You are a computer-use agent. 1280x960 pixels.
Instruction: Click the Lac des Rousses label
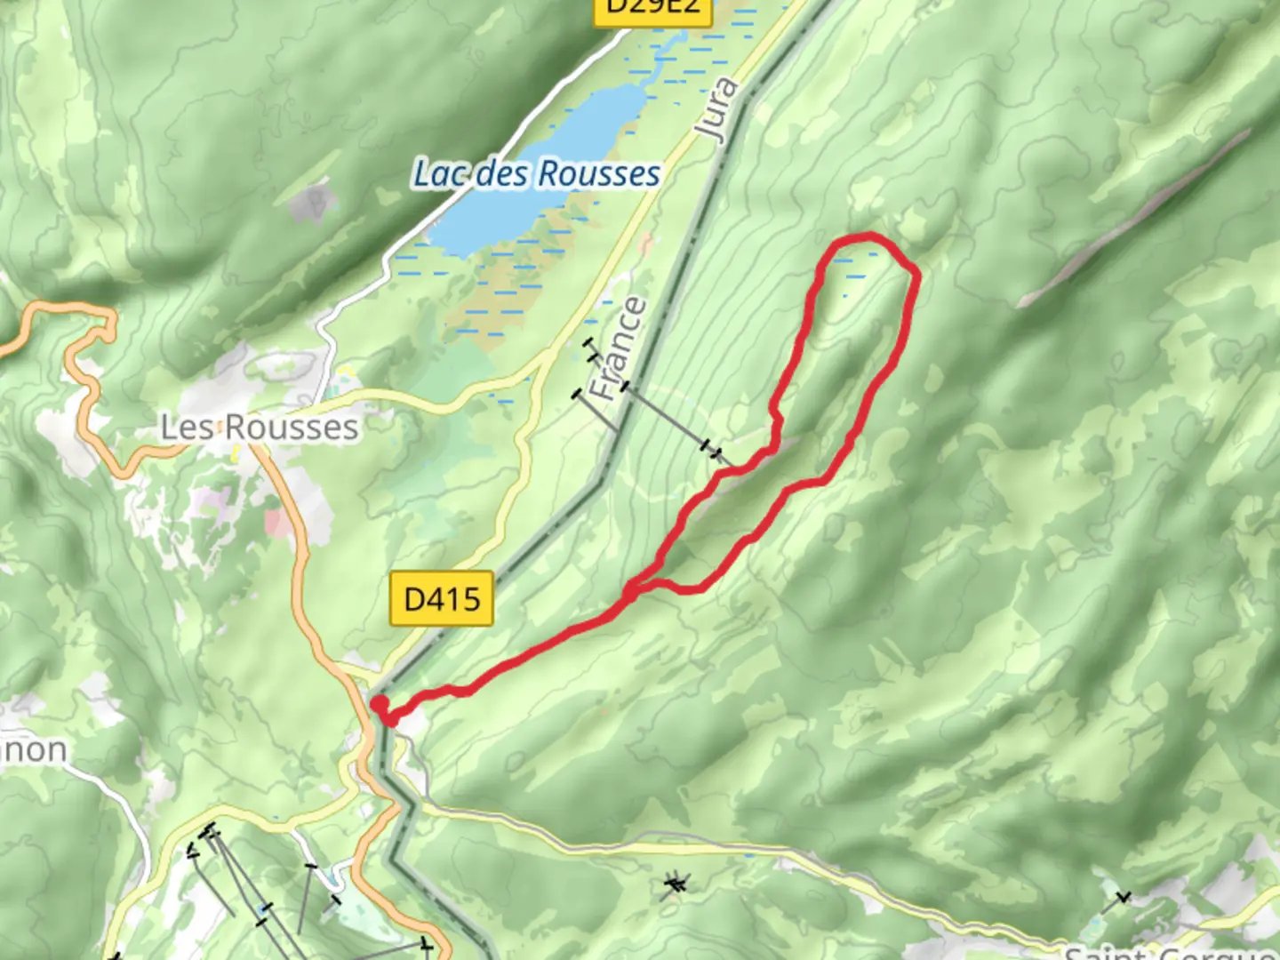[x=537, y=173]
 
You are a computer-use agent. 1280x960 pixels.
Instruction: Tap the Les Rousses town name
[x=260, y=428]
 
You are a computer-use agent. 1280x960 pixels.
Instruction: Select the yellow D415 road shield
[x=442, y=598]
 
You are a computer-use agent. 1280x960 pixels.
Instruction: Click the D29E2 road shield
[x=653, y=9]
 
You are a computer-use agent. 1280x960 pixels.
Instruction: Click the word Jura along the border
[x=717, y=108]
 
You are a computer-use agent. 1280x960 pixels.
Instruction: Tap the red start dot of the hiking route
[x=380, y=705]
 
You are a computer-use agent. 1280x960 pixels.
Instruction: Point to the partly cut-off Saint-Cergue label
[x=1170, y=951]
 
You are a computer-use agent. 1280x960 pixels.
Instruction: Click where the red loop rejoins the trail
[x=631, y=590]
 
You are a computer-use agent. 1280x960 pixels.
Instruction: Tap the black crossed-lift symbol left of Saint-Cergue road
[x=676, y=884]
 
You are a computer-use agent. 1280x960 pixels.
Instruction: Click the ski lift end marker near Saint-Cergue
[x=1123, y=898]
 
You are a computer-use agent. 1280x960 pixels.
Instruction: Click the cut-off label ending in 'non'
[x=34, y=749]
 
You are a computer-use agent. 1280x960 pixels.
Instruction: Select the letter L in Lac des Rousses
[x=423, y=174]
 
